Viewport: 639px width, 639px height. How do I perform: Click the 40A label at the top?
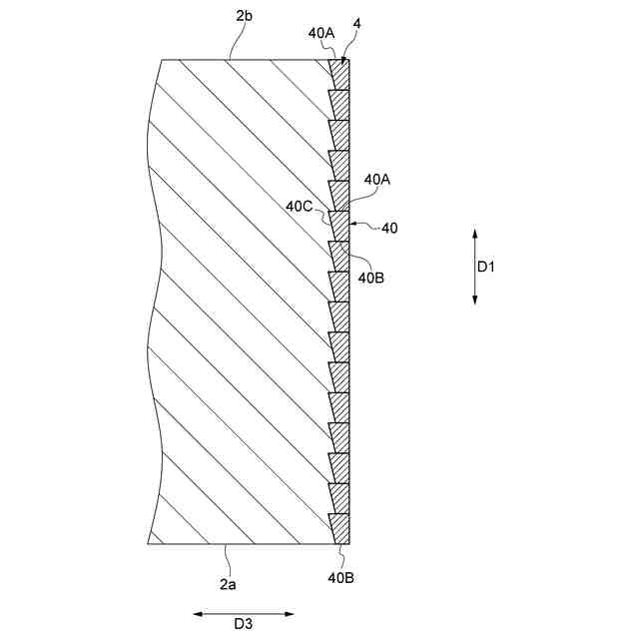[x=321, y=32]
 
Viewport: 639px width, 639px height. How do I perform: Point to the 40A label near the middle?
[x=377, y=180]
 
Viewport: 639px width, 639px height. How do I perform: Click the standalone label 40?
[x=389, y=229]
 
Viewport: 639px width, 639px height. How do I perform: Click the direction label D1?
[x=485, y=267]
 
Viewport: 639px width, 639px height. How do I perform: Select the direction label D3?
[x=244, y=624]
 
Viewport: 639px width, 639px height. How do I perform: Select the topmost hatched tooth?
[x=341, y=74]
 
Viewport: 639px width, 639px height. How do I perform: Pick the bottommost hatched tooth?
[x=341, y=528]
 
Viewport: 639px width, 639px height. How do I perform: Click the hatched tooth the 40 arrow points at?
[x=341, y=226]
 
